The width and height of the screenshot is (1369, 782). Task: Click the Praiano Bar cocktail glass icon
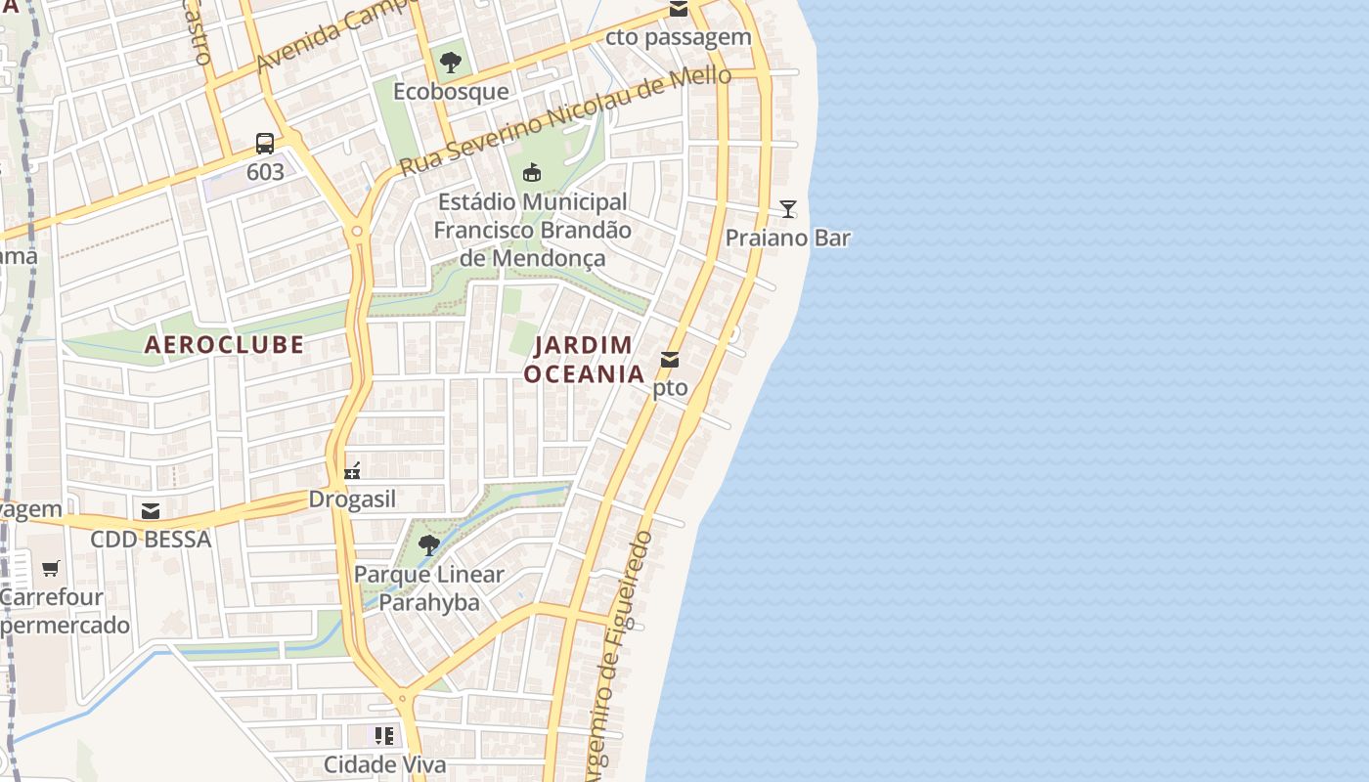coord(787,208)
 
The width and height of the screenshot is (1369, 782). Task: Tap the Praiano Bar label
coord(787,238)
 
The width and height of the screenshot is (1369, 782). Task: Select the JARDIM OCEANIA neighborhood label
coord(584,359)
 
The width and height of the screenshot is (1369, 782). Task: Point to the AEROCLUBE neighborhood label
coord(224,344)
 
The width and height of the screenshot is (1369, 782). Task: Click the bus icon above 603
coord(265,144)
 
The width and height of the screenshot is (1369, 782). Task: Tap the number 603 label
coord(265,172)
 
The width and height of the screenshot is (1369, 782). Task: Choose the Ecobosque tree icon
coord(451,63)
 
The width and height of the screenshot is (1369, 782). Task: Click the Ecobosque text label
coord(451,91)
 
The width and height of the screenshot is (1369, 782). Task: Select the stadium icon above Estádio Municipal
coord(532,173)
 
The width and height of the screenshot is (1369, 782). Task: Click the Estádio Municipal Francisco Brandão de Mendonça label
coord(532,230)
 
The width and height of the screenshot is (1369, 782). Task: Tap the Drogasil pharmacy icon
coord(353,471)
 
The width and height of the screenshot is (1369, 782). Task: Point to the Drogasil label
coord(353,500)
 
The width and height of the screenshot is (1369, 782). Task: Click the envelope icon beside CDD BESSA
coord(151,511)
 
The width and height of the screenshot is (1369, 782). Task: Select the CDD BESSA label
coord(151,540)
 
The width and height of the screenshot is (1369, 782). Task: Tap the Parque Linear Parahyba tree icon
coord(428,545)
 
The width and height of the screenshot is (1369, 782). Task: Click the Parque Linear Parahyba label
coord(429,587)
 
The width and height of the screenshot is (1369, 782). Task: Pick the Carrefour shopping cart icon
coord(51,568)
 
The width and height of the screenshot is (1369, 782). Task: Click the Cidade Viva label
coord(384,764)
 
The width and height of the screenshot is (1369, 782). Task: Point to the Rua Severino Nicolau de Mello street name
coord(565,122)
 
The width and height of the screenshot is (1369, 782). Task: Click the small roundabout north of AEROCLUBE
coord(357,232)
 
